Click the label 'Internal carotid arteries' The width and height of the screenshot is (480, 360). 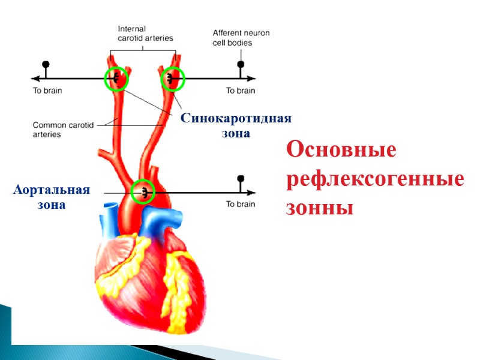tap(145, 33)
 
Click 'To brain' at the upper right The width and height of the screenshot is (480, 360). tap(240, 91)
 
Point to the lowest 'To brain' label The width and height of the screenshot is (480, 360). tap(240, 204)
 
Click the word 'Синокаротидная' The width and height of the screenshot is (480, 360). tap(236, 119)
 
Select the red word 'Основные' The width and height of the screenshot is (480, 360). tap(341, 149)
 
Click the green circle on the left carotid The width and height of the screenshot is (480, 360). tap(116, 79)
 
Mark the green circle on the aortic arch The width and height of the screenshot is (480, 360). tap(143, 193)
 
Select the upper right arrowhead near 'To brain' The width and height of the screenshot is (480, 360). tap(253, 78)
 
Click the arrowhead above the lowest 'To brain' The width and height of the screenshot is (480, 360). tap(253, 193)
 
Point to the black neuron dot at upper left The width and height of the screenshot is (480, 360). tap(46, 65)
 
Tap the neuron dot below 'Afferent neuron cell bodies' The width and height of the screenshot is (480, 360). tap(241, 64)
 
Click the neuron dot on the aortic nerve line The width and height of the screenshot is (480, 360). tap(241, 178)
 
